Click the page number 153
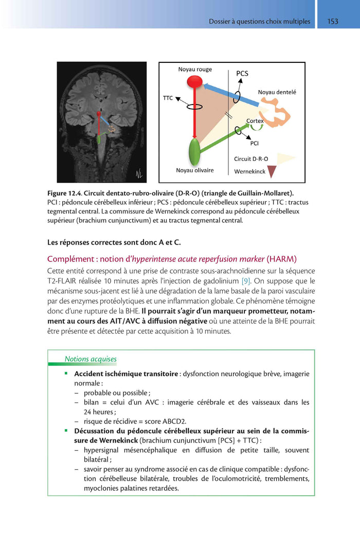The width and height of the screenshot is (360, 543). coord(333,21)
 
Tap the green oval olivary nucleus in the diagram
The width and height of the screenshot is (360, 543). coord(194,151)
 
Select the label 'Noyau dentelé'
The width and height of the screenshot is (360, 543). coord(277,93)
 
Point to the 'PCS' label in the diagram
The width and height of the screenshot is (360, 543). coord(242,74)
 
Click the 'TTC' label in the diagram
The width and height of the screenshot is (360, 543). coord(168,97)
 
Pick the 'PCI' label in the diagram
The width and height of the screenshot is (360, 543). coord(254,143)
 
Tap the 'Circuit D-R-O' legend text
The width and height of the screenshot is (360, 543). coord(251,159)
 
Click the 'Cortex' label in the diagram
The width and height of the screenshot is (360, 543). coord(255,121)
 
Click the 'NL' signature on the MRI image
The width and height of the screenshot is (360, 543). coord(139,173)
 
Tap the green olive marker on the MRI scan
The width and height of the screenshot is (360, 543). coord(98,139)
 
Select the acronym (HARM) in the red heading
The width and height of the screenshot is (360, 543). coord(283,258)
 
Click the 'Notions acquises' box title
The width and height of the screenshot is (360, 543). coord(91,359)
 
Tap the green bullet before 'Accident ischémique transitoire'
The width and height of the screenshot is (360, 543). coord(66,373)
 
